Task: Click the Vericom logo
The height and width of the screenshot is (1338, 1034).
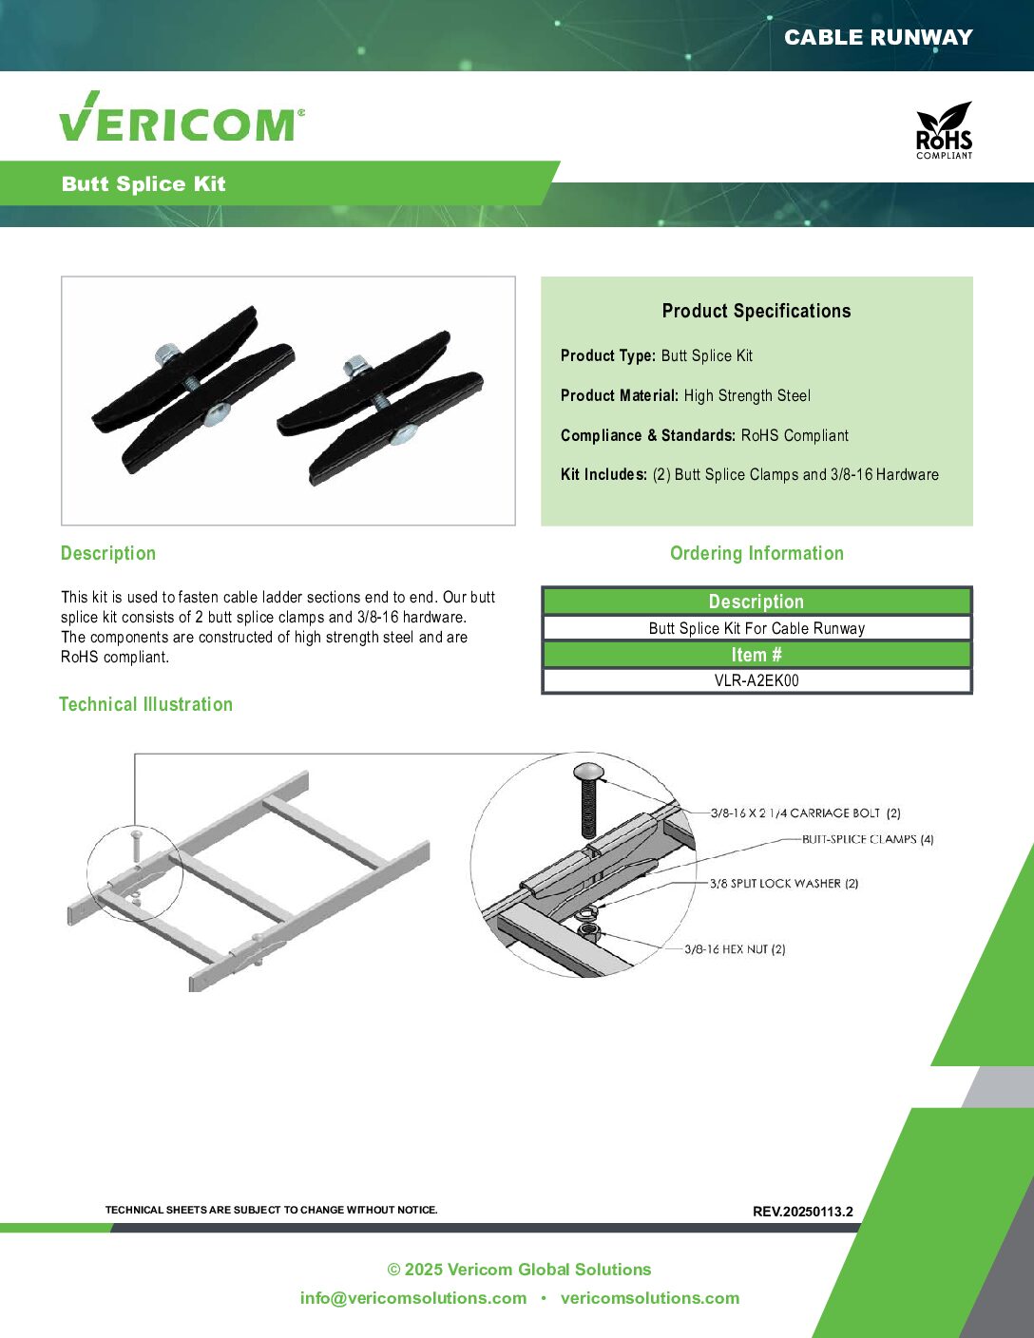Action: point(182,116)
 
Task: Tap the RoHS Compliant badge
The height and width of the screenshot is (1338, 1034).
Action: point(944,130)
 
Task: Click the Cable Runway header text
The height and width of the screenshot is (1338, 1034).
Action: point(878,37)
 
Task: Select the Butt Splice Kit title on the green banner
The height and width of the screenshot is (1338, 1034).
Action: point(144,183)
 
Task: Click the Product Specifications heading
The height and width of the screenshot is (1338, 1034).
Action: point(756,311)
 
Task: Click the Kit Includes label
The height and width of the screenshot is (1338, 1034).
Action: point(603,474)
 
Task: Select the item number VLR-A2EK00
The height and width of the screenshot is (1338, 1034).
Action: point(756,680)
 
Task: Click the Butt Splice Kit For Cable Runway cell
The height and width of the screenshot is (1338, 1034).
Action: point(756,628)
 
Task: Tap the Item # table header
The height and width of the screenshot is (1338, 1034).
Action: point(756,655)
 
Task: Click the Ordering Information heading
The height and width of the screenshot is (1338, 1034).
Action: point(756,553)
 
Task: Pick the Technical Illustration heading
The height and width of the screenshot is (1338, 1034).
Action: point(146,704)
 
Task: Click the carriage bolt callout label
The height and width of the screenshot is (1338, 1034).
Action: point(806,812)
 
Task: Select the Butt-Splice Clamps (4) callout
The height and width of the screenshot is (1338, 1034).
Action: point(868,839)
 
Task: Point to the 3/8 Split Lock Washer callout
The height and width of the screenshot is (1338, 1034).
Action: point(784,884)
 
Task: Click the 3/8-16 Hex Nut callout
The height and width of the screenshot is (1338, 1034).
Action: point(735,948)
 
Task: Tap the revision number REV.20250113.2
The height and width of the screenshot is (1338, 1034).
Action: point(802,1212)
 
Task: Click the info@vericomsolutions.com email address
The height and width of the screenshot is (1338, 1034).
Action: point(413,1298)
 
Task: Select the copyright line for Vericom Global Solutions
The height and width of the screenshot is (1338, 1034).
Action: point(519,1269)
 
